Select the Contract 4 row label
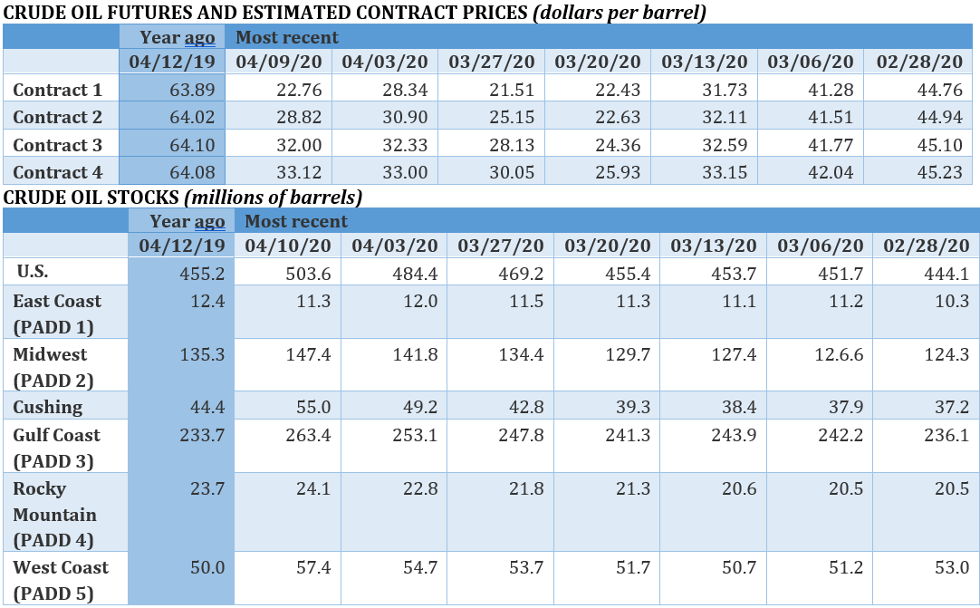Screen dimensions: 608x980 pyautogui.click(x=58, y=172)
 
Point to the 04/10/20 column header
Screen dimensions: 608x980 pyautogui.click(x=287, y=246)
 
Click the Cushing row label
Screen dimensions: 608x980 pyautogui.click(x=47, y=407)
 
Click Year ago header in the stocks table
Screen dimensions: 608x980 pyautogui.click(x=187, y=221)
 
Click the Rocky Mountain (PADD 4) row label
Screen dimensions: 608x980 pyautogui.click(x=54, y=514)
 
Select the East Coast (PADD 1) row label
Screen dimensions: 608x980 pyautogui.click(x=57, y=314)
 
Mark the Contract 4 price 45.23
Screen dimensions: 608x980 pyautogui.click(x=941, y=172)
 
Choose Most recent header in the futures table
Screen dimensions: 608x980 pyautogui.click(x=287, y=37)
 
